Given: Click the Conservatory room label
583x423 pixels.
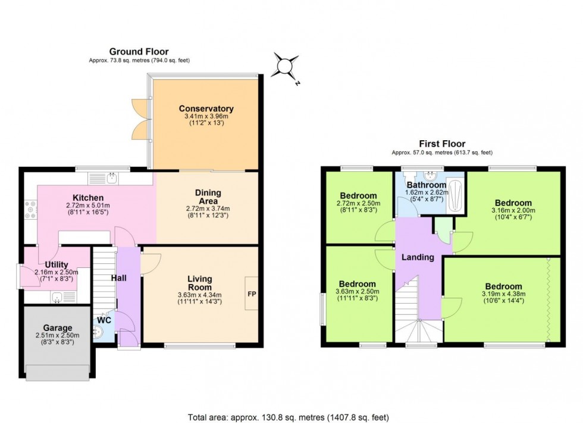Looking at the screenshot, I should [x=206, y=109].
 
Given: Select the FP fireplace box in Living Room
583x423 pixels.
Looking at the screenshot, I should [x=251, y=293].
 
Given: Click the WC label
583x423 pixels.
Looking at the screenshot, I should [x=104, y=320].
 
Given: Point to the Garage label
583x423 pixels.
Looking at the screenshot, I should [x=58, y=327].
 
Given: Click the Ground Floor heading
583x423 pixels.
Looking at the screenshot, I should [x=138, y=52].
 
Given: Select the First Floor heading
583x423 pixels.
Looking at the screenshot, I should [x=441, y=143].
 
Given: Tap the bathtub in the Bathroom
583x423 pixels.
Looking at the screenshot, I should [x=456, y=193].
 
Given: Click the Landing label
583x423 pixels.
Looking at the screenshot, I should [x=418, y=257].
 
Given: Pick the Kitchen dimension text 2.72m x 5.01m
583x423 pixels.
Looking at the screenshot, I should [x=89, y=207].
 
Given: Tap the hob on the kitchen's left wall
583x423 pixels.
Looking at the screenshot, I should [x=30, y=211].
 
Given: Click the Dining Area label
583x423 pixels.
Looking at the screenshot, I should [x=208, y=192].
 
